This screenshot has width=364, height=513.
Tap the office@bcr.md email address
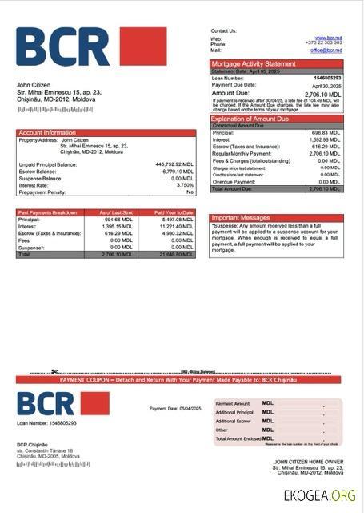[326, 50]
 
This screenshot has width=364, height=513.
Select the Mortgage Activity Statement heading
[253, 63]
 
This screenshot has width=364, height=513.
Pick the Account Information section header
[47, 132]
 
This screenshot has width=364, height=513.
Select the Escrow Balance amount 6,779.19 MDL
[177, 172]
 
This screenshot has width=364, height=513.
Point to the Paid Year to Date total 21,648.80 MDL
[175, 254]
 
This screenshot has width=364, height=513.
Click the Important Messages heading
[240, 218]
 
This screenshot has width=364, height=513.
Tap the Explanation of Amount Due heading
[255, 119]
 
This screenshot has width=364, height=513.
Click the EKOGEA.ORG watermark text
[319, 495]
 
